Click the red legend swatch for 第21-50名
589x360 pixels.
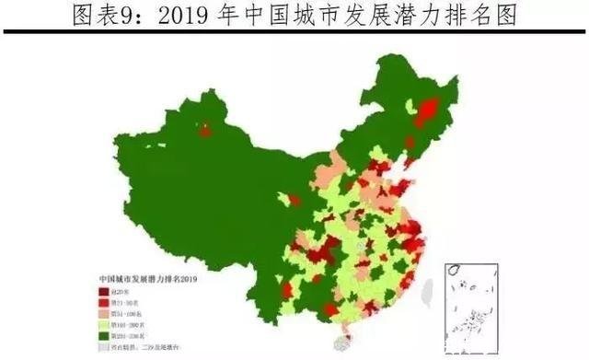(x=105, y=301)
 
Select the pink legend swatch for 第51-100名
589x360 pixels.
(x=105, y=313)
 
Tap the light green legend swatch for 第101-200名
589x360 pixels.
(x=105, y=325)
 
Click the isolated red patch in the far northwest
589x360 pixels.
(x=204, y=131)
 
